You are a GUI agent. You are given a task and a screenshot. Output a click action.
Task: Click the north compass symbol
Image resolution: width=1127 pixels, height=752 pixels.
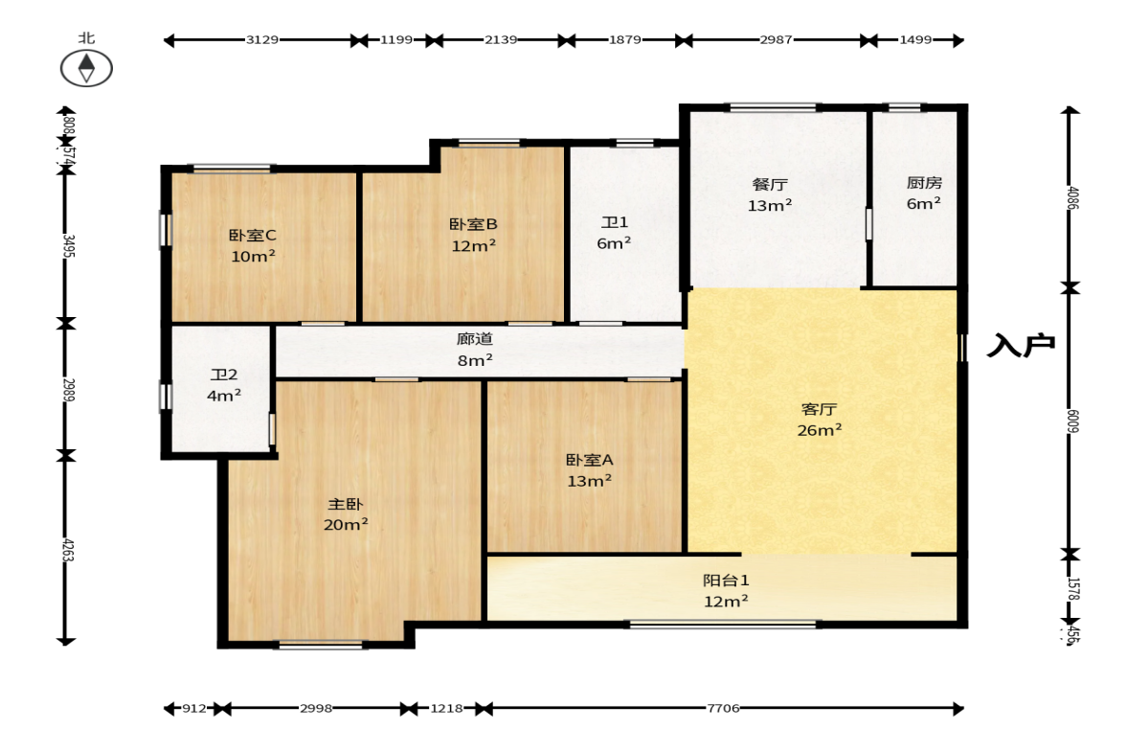pos(86,67)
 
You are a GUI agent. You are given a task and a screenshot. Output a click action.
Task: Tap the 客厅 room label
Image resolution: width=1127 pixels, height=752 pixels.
pos(820,409)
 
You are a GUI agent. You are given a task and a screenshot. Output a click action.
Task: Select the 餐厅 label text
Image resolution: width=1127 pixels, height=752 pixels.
pos(769,184)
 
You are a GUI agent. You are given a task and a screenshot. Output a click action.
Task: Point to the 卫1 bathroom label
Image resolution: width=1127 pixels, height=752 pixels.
pos(615,222)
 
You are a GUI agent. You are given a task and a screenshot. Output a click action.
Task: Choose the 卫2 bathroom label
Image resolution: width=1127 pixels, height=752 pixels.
pos(224,375)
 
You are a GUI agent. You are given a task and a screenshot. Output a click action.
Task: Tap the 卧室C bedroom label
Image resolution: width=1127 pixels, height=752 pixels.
pos(253,235)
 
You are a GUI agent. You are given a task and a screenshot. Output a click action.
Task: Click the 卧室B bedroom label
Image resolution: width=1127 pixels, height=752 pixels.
pos(473,224)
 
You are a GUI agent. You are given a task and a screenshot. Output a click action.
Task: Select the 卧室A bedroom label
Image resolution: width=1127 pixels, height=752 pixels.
pos(589,460)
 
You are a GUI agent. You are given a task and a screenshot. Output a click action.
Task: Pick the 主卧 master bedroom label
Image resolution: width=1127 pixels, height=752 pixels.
pos(346,504)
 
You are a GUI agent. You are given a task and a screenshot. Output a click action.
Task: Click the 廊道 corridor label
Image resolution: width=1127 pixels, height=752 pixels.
pos(474,339)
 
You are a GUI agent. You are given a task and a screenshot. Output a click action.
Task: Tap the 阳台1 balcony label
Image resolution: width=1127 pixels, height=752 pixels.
pos(725,580)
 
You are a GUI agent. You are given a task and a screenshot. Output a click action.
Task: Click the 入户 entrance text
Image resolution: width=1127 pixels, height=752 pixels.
pos(1021,345)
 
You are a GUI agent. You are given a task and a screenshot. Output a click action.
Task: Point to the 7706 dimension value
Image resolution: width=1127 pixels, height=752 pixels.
pos(724,709)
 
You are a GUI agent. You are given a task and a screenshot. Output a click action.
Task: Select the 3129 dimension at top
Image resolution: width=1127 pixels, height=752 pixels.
pos(262,40)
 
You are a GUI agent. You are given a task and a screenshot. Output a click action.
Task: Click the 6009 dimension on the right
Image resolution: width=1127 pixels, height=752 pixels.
pos(1072,421)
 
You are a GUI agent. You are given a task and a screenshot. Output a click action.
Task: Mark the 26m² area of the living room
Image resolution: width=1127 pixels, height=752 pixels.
pos(820,430)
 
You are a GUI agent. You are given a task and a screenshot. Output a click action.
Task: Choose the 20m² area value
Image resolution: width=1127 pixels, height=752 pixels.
pos(346,525)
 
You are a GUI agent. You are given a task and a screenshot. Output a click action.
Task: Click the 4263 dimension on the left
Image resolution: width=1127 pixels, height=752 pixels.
pos(67,550)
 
